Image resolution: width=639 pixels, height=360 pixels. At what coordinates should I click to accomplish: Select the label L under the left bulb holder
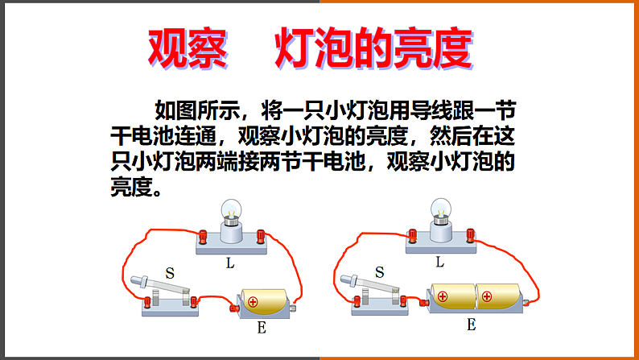[232, 263]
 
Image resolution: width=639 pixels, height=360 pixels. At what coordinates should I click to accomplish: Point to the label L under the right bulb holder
[439, 262]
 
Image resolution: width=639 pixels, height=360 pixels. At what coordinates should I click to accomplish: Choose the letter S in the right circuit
[379, 272]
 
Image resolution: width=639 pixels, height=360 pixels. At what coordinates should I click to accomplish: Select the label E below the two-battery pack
[471, 325]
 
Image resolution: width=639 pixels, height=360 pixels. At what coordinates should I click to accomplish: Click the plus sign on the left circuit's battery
[253, 303]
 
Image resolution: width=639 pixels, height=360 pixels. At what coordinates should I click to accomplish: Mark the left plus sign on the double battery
[442, 296]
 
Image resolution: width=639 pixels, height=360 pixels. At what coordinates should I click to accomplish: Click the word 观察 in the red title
[179, 50]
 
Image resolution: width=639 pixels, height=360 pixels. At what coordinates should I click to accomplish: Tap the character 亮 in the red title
[413, 50]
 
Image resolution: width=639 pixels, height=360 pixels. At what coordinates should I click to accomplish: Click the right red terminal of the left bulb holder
[261, 235]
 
